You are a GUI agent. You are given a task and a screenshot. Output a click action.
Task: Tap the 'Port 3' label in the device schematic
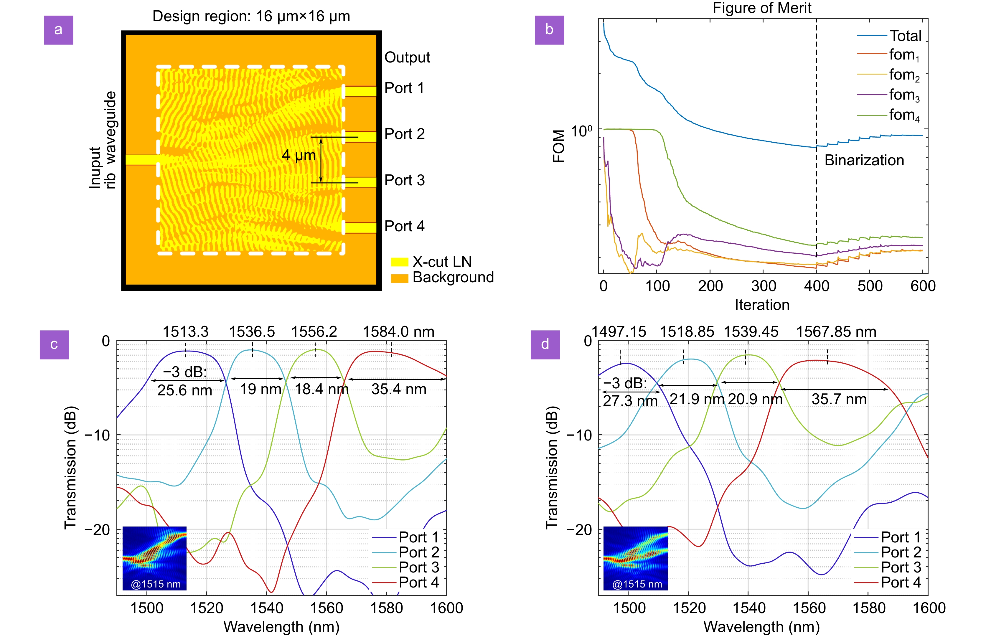[404, 180]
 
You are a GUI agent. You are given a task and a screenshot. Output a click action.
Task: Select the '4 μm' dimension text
[299, 156]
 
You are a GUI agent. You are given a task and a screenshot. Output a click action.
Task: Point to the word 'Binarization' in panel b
[864, 161]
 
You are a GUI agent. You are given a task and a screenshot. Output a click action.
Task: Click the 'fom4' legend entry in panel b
[904, 115]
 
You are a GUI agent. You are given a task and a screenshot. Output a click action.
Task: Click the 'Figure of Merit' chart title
[762, 8]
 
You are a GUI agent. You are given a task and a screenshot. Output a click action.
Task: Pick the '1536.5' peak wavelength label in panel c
[252, 332]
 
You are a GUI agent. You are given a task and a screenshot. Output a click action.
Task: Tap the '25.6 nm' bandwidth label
[184, 390]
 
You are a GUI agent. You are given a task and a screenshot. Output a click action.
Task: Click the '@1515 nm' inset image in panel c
[154, 558]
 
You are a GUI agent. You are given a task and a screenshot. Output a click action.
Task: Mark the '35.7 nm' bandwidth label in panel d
[839, 399]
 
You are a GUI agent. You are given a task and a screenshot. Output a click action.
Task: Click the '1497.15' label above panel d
[619, 332]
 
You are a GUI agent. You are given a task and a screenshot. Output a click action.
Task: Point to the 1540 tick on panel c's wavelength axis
[266, 608]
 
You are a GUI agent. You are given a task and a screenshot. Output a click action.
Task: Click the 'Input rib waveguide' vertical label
[103, 141]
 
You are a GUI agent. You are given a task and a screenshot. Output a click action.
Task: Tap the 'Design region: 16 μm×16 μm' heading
[251, 16]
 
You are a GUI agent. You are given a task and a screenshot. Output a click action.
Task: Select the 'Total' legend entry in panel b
[905, 36]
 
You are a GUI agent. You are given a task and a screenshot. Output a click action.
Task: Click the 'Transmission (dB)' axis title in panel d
[552, 467]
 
